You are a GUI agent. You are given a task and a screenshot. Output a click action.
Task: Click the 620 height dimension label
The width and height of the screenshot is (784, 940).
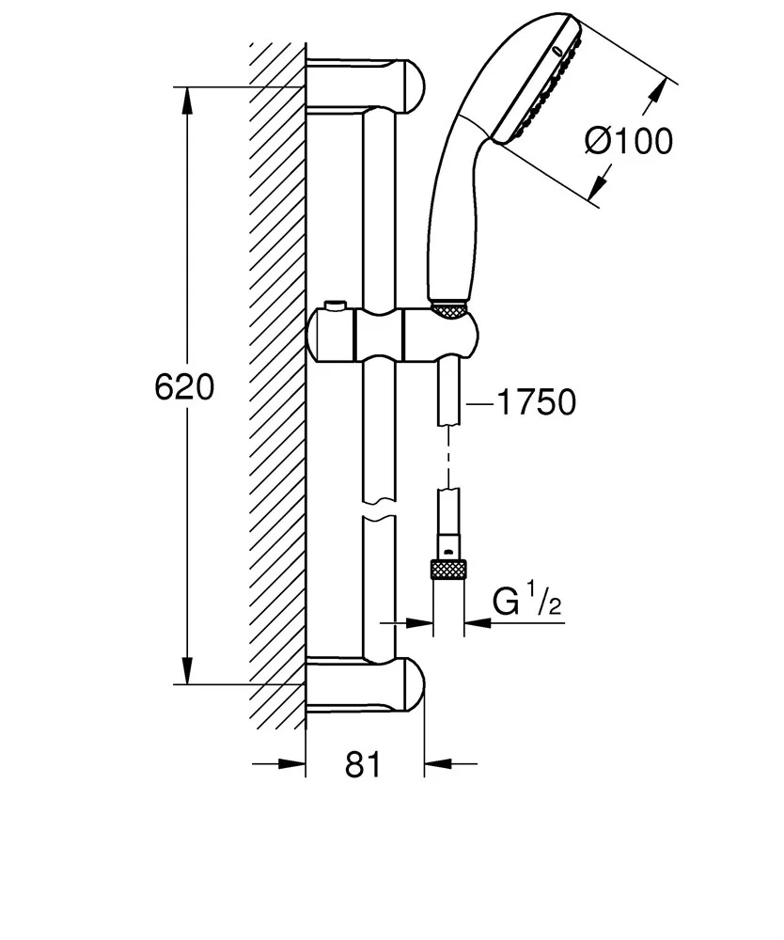point(184,387)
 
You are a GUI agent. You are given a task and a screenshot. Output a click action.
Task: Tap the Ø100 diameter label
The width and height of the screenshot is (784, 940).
point(629,141)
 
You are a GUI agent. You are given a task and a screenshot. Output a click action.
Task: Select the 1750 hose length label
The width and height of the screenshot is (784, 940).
point(535,402)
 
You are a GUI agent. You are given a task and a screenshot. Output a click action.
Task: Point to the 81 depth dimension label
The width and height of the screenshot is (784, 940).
point(364,765)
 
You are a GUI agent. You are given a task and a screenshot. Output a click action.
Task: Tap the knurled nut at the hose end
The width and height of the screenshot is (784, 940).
point(449,570)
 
